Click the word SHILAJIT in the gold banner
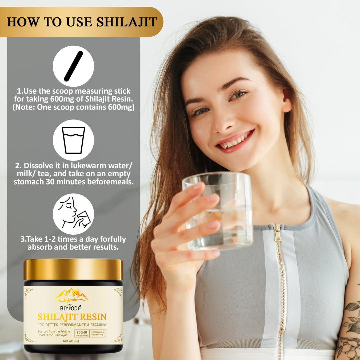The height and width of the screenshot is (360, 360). click(127, 22)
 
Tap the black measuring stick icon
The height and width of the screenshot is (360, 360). click(73, 66)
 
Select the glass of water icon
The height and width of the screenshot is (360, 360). click(73, 140)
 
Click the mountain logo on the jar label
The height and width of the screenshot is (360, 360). click(72, 295)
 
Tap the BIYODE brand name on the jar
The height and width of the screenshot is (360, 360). click(71, 308)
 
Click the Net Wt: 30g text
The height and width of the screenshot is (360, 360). click(71, 341)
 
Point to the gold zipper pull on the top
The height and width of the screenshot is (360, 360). click(278, 232)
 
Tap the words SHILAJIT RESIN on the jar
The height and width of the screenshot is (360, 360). click(72, 317)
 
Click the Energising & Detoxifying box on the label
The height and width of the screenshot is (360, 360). click(98, 333)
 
